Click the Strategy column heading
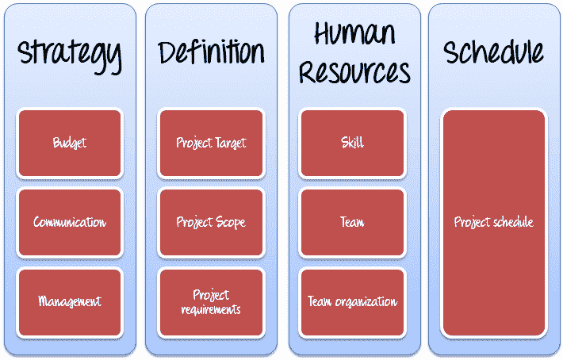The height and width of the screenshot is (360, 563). click(70, 56)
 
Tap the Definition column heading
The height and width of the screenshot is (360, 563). click(211, 52)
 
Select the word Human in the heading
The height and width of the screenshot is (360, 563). click(354, 33)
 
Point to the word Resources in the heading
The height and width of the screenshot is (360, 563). click(354, 71)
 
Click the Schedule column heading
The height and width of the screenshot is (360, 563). click(493, 52)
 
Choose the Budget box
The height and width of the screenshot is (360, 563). click(70, 143)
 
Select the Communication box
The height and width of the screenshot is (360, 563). click(70, 223)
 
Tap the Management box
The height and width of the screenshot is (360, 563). click(70, 302)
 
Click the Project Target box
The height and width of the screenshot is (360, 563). click(211, 143)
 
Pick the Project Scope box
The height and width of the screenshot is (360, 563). click(211, 223)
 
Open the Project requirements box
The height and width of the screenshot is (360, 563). click(211, 302)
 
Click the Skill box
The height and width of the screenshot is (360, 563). click(352, 143)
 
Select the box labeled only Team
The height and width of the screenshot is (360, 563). click(352, 223)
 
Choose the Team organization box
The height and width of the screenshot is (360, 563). click(352, 302)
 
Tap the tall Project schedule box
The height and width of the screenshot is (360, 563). click(494, 223)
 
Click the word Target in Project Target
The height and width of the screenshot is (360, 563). click(231, 144)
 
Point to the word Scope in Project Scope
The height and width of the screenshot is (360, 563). click(230, 223)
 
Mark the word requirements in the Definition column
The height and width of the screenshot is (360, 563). click(211, 309)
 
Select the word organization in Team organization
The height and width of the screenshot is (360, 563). click(366, 302)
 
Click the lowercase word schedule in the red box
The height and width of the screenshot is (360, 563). click(514, 222)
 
